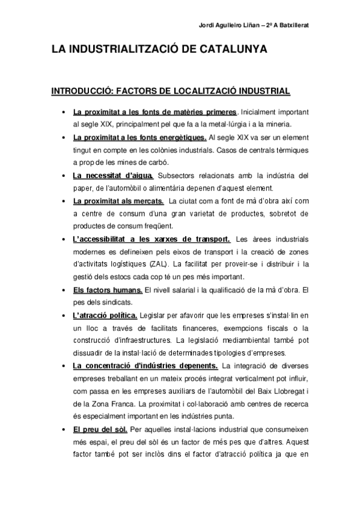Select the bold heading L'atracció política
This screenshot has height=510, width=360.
(x=105, y=315)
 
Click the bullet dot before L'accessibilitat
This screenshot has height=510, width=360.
(x=64, y=239)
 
